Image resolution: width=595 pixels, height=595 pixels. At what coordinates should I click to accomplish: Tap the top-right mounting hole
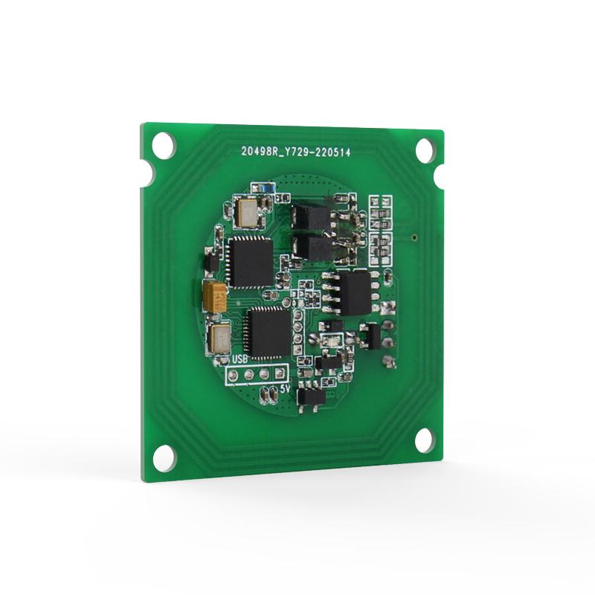(x=425, y=150)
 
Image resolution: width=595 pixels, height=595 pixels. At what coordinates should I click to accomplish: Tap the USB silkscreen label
(x=239, y=359)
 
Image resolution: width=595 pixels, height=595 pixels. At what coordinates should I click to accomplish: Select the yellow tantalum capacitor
(x=216, y=297)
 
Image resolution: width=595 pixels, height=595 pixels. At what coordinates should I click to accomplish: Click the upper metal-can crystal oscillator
(x=245, y=212)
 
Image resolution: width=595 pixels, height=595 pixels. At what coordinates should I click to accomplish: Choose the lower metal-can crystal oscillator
(x=221, y=340)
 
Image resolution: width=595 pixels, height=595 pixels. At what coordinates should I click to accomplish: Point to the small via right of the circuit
(x=414, y=239)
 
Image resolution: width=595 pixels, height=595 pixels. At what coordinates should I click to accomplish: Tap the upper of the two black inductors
(x=306, y=217)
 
